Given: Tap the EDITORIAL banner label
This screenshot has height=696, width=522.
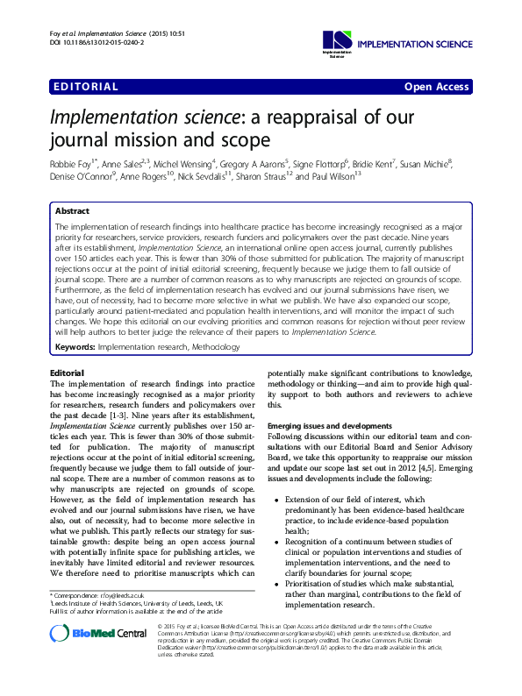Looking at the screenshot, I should (85, 87).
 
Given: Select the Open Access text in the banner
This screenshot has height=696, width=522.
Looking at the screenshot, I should (437, 87).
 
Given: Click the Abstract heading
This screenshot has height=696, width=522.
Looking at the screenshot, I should (72, 211).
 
